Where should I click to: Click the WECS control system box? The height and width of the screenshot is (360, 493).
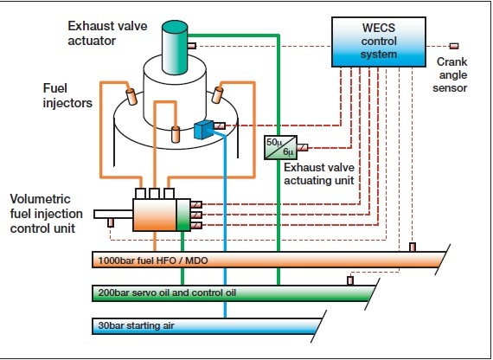pos(379,42)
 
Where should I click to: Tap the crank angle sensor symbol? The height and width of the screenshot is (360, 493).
pos(454,46)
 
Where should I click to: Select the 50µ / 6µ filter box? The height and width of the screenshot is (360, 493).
pos(280,147)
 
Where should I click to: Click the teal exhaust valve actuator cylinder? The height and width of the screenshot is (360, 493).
pos(175,48)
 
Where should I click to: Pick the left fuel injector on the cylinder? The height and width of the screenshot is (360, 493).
pos(131,97)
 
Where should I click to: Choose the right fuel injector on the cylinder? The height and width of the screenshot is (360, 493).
pos(217,94)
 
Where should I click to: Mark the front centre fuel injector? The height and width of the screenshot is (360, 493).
pos(176,134)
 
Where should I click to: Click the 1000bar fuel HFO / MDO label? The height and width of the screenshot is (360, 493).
pos(153,260)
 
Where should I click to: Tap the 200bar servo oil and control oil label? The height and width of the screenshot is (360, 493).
pos(167,292)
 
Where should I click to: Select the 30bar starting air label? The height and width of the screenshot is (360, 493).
pos(136,325)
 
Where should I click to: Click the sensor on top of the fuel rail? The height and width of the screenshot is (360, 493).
pos(413,247)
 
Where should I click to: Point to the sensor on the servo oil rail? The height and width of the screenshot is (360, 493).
pos(350,280)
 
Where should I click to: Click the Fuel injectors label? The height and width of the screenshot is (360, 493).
pos(67,95)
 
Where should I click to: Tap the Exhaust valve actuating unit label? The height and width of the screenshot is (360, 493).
pos(319,174)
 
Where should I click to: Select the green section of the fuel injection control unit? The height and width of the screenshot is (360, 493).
pos(183,215)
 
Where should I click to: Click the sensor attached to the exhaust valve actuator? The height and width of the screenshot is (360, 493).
pos(192,46)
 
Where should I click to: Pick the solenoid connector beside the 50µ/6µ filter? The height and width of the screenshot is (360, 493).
pos(303,147)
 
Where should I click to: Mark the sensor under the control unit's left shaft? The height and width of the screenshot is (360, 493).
pos(111,222)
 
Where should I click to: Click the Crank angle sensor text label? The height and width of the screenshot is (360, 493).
pos(451,74)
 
